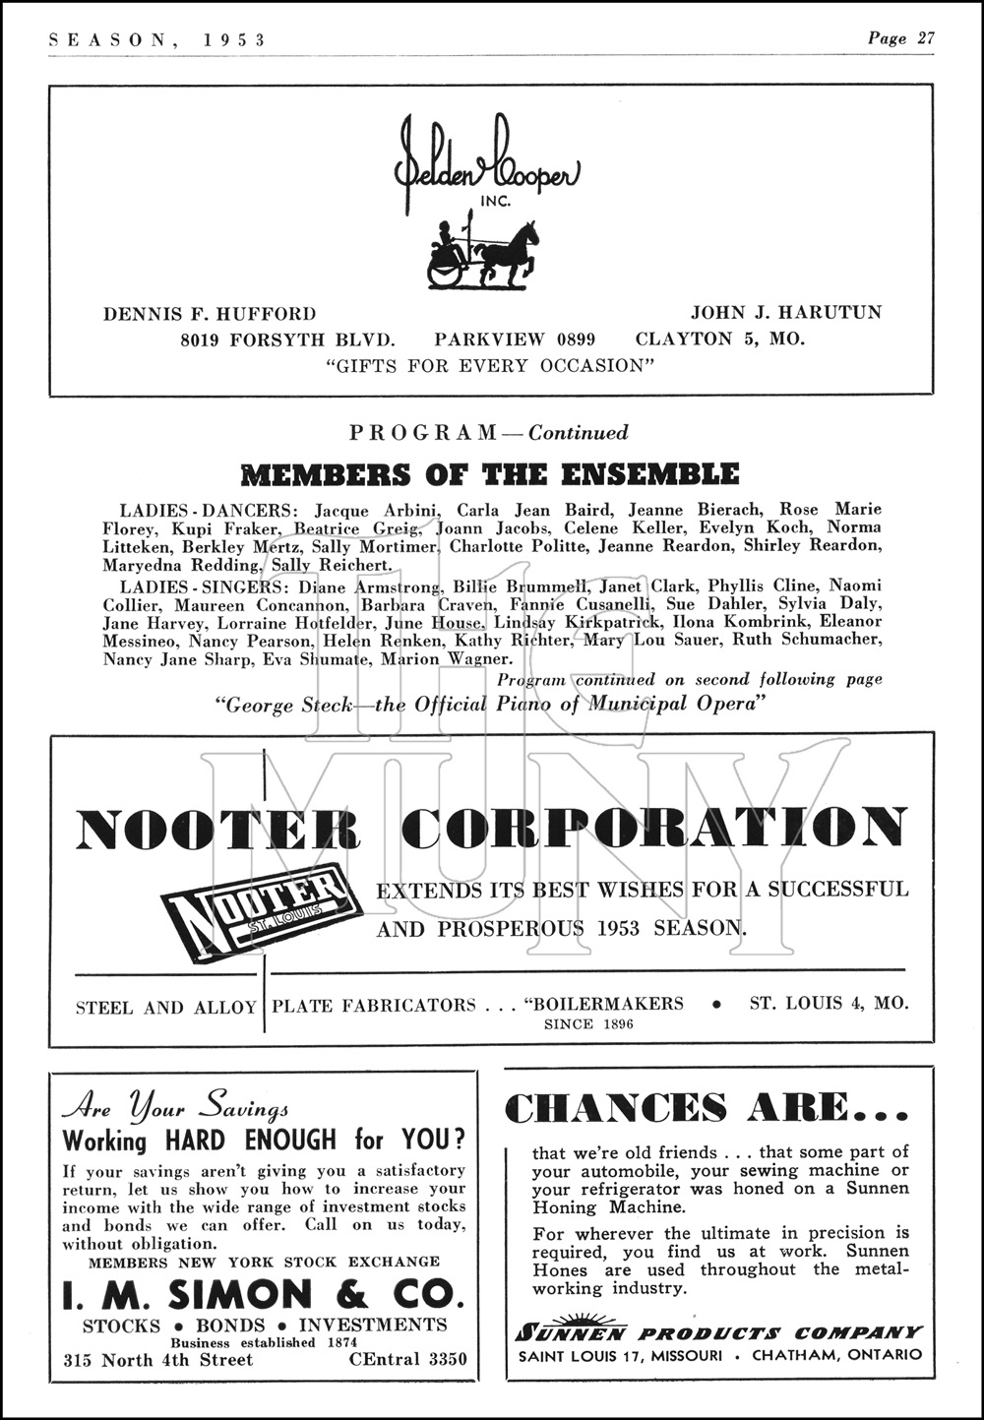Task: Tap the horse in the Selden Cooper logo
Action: click(x=518, y=252)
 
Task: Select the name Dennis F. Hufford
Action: click(x=210, y=314)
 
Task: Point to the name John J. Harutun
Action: click(x=785, y=313)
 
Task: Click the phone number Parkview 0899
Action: click(x=515, y=340)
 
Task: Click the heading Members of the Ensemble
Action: click(x=490, y=474)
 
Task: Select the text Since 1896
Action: click(x=588, y=1024)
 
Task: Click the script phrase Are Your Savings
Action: click(x=175, y=1107)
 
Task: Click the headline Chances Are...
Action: click(x=707, y=1108)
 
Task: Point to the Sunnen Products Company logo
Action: click(x=718, y=1332)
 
